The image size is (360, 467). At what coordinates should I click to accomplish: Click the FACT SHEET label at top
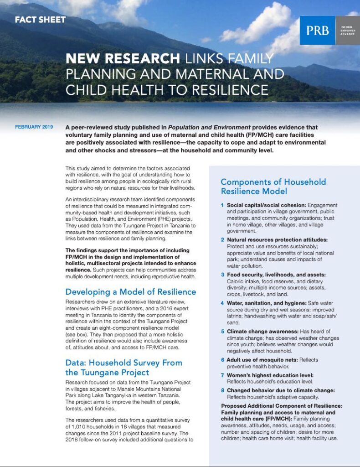40,20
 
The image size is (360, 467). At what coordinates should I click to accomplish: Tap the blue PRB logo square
317,30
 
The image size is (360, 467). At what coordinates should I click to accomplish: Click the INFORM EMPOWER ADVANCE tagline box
347,30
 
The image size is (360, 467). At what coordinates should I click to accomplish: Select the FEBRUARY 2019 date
34,127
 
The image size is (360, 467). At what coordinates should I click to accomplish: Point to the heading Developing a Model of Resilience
130,292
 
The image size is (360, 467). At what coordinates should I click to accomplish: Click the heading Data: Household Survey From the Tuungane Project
123,368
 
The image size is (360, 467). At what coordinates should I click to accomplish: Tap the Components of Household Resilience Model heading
273,187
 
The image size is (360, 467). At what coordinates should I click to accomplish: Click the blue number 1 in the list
222,206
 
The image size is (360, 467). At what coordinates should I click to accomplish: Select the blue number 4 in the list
222,303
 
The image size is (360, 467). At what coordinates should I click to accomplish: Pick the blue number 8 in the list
222,390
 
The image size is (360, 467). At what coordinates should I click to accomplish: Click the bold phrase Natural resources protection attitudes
277,240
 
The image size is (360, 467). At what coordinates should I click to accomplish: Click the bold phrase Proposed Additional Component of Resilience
282,406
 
